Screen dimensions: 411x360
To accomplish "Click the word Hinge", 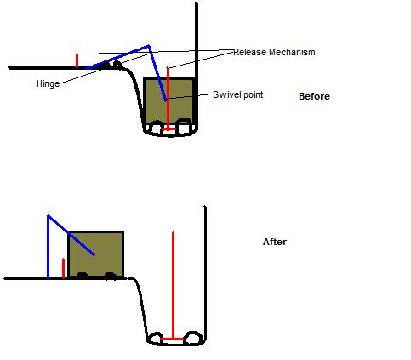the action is pos(49,84).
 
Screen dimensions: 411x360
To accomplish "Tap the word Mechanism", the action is pos(292,52).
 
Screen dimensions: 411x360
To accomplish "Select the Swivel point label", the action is pos(237,94).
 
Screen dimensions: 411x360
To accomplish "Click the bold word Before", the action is pos(314,96).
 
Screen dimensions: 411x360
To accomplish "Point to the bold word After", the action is pos(275,242).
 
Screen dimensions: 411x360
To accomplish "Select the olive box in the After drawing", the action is pos(95,254).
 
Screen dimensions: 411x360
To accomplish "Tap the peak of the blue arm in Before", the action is pos(148,45).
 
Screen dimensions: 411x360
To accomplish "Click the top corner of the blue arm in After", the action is pos(49,216).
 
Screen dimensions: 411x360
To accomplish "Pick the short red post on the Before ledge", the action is pos(77,60).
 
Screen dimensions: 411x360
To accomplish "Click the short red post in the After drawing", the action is pos(63,268).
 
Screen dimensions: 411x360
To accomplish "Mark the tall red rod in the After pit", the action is pos(173,285).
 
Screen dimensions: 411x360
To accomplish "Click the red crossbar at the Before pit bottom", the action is pos(168,129).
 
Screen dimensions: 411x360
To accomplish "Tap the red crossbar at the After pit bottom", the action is pos(173,339).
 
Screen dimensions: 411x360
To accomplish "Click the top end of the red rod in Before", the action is pos(168,67).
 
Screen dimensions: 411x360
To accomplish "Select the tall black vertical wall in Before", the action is pos(197,66).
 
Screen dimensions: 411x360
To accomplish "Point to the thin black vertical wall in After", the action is pos(205,273).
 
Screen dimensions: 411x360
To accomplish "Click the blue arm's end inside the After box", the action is pos(94,254).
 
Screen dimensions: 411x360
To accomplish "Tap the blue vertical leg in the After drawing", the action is pos(49,248).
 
